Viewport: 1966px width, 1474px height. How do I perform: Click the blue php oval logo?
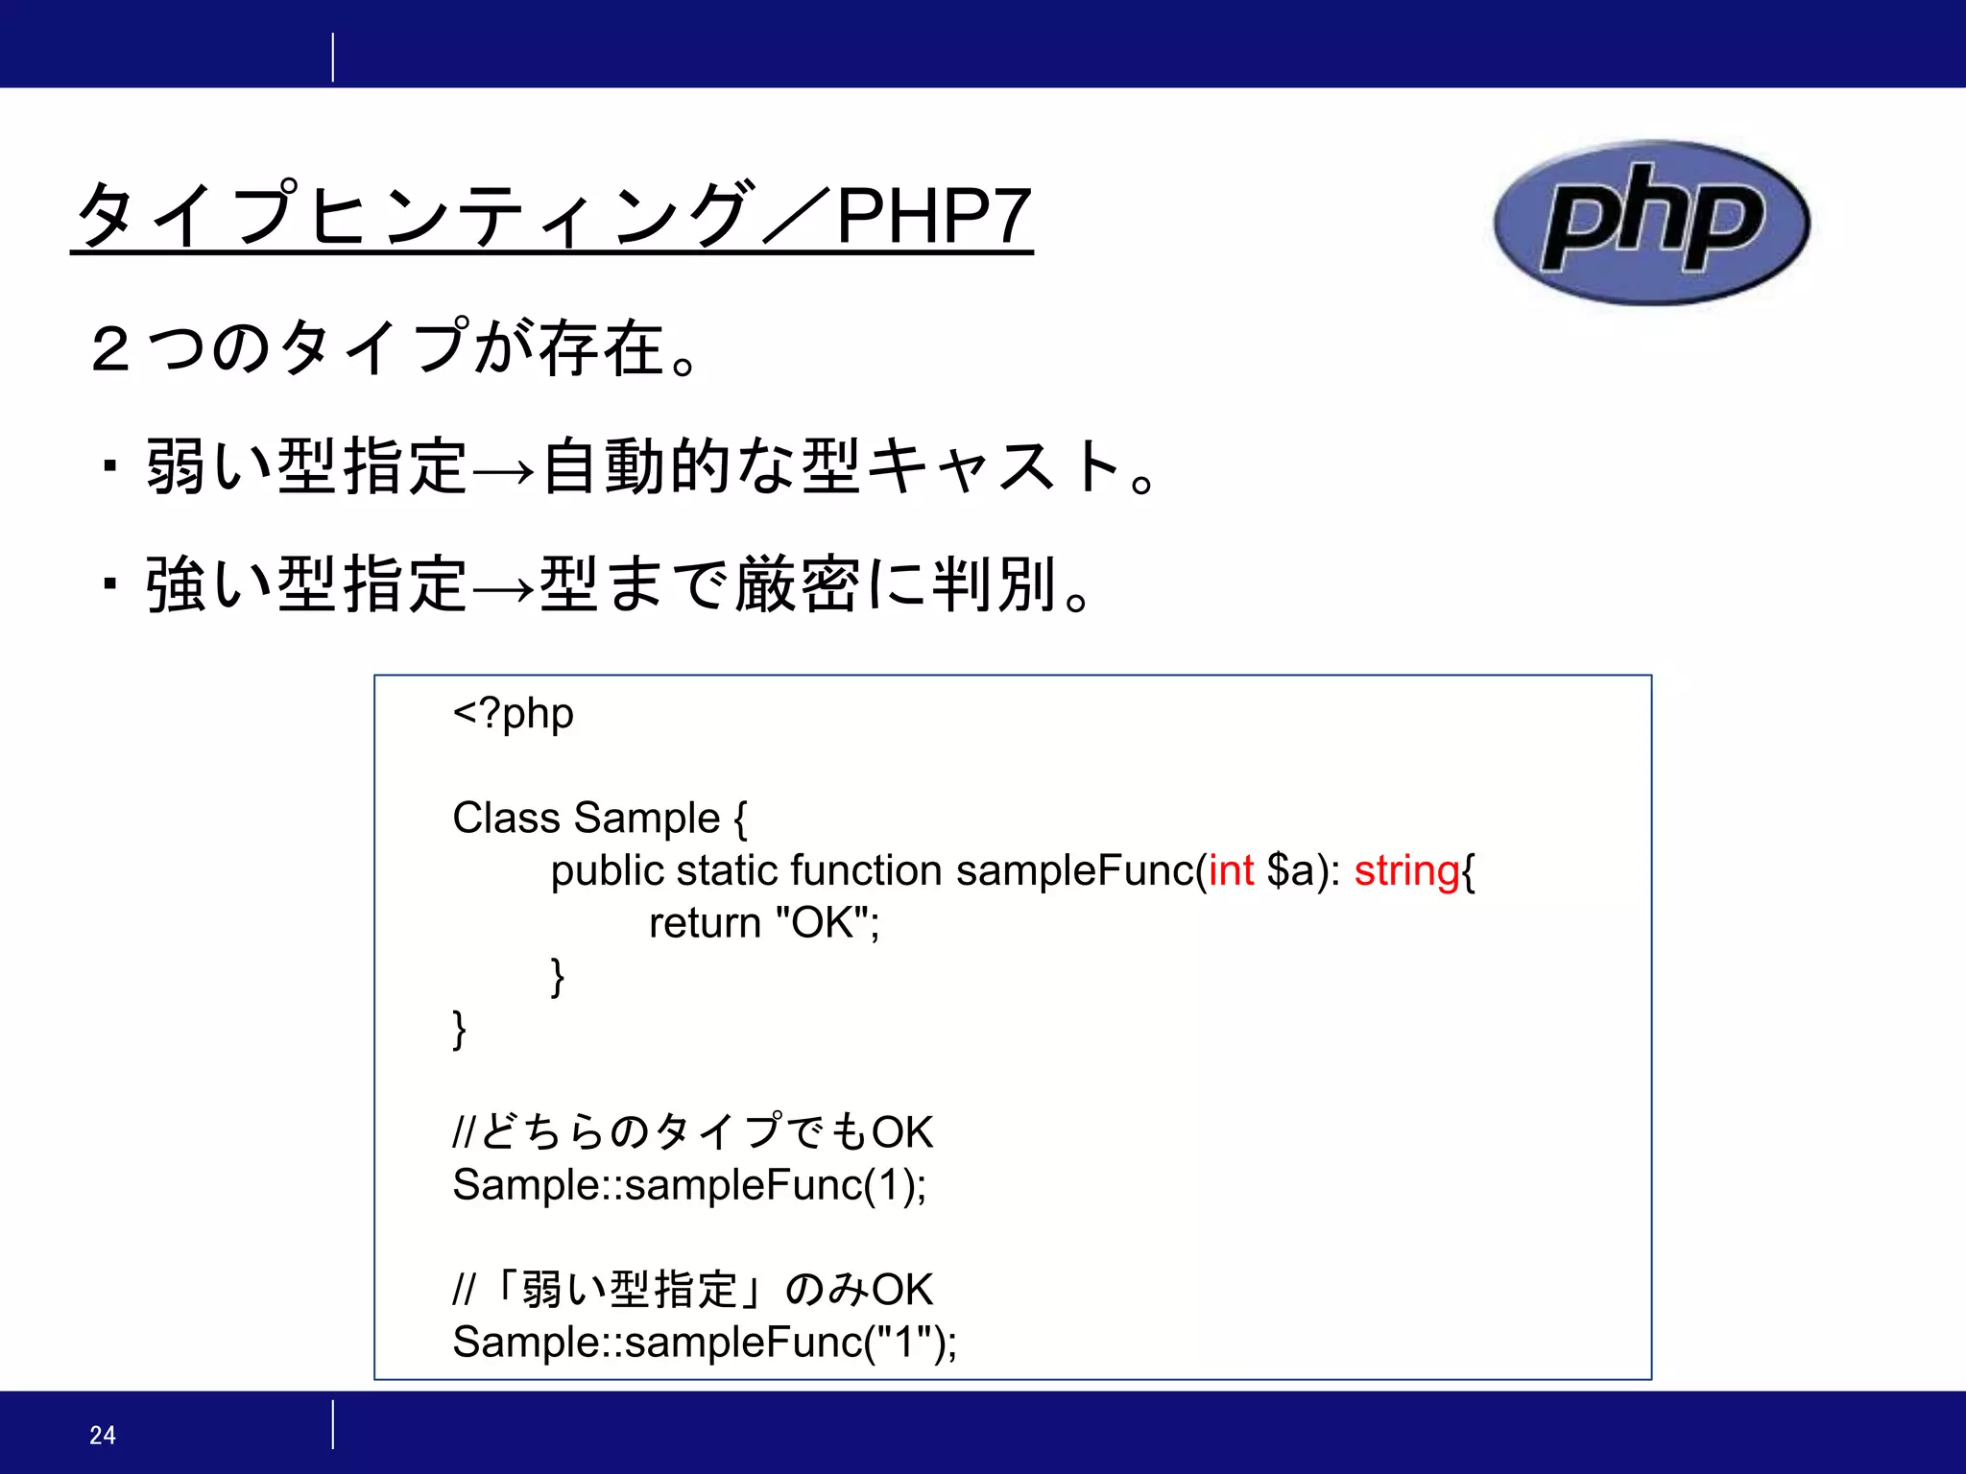tap(1651, 223)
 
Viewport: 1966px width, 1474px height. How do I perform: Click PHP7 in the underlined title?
tap(933, 217)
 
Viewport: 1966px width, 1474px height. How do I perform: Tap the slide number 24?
tap(103, 1435)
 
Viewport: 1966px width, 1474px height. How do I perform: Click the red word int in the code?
tap(1231, 870)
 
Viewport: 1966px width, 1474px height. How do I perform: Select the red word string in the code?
tap(1406, 871)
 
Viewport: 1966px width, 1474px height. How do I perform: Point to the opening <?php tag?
tap(514, 714)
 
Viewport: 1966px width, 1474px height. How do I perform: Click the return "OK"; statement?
tap(764, 923)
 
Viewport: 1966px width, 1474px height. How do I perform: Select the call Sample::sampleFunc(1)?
tap(689, 1185)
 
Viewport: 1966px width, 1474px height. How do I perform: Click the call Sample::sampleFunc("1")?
tap(705, 1342)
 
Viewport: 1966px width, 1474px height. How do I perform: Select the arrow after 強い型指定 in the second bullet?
tap(503, 587)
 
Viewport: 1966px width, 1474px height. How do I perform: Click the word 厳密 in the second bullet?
tap(797, 583)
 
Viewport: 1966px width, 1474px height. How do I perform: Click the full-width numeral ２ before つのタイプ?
tap(110, 348)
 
